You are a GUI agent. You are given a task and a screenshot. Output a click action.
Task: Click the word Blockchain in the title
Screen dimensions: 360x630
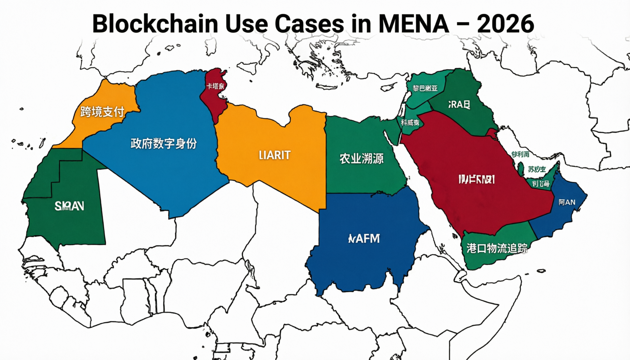[155, 24]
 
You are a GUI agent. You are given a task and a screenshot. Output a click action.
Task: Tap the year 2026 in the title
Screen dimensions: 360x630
[505, 24]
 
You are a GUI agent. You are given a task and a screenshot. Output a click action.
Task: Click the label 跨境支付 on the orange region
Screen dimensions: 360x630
[102, 112]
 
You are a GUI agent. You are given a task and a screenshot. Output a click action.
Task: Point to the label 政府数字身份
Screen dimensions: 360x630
[164, 143]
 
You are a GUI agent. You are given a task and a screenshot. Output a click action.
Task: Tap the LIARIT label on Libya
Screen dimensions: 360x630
[275, 155]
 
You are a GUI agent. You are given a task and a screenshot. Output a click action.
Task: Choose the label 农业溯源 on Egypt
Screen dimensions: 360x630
[361, 159]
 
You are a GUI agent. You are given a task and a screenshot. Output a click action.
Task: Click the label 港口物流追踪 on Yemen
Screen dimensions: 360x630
[497, 248]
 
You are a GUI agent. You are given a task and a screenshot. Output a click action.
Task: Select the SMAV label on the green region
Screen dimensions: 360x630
[69, 206]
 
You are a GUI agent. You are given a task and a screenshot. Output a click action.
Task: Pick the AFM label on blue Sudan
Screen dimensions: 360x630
[364, 239]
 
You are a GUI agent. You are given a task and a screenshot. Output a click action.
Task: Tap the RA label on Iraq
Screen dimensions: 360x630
[459, 105]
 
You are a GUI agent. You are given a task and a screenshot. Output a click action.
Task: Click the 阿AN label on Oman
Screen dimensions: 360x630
[567, 202]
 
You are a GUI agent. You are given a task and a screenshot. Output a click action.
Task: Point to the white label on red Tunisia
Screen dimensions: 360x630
[215, 86]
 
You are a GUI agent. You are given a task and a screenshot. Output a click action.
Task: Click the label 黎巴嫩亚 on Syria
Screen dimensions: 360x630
[425, 88]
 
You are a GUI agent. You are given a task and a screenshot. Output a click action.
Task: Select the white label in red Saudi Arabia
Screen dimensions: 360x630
[476, 179]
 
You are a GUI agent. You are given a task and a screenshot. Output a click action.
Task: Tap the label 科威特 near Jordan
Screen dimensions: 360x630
[410, 123]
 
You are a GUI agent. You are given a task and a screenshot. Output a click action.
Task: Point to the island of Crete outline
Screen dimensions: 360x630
[326, 87]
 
